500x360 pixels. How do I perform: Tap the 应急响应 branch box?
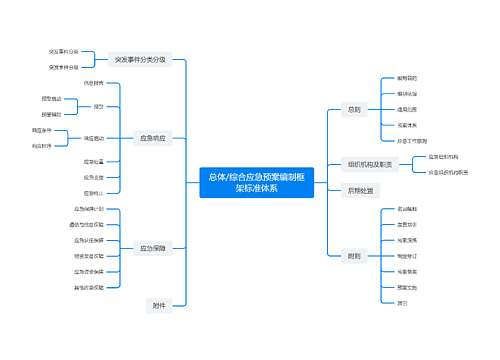[x=153, y=138]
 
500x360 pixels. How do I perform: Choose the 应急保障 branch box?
[x=153, y=247]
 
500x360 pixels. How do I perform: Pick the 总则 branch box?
[x=353, y=109]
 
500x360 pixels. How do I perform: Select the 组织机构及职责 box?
[x=370, y=164]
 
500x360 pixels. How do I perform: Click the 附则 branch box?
[x=353, y=256]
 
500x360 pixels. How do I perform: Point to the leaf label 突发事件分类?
[x=64, y=51]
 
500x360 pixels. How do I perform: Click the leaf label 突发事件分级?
[x=64, y=67]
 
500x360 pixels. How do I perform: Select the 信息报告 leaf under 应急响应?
[x=94, y=83]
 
